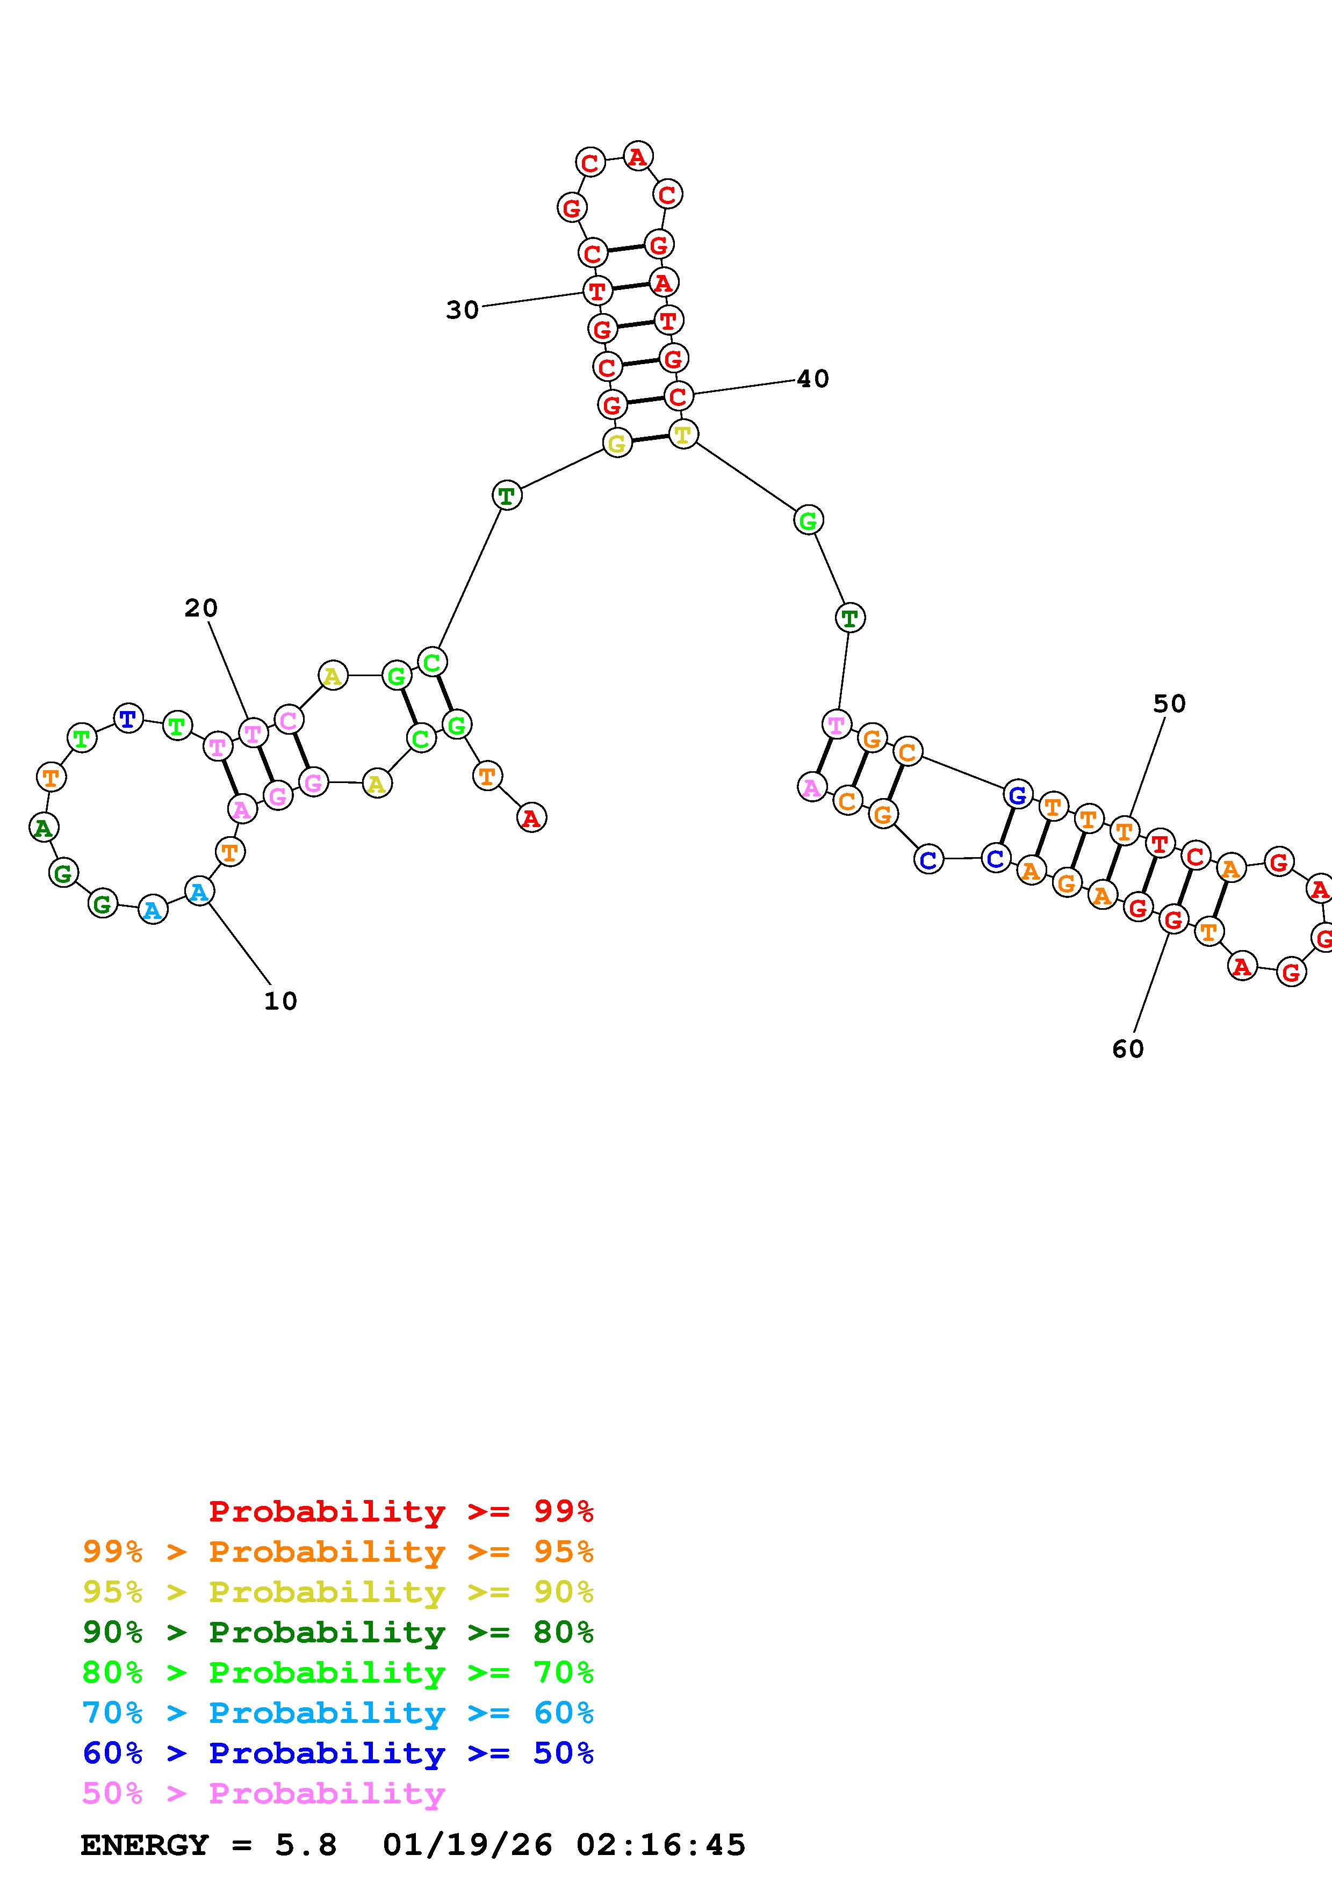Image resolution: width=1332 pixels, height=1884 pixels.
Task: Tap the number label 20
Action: tap(201, 608)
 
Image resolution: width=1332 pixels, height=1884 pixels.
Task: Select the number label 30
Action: tap(462, 310)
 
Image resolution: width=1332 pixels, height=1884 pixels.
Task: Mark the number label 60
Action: tap(1128, 1049)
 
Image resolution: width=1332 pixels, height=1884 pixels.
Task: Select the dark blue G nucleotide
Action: tap(1017, 794)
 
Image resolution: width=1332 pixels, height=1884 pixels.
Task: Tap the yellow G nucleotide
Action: tap(617, 443)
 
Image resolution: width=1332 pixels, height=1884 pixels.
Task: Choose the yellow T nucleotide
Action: tap(683, 433)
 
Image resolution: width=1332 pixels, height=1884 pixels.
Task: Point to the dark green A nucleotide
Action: tap(44, 827)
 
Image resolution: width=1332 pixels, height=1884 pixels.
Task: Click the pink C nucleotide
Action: tap(288, 720)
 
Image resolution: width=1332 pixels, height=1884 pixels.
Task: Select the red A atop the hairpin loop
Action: tap(638, 156)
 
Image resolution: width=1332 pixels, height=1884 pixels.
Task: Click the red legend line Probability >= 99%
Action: tap(400, 1511)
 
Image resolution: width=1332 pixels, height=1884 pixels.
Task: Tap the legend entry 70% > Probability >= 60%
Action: tap(337, 1713)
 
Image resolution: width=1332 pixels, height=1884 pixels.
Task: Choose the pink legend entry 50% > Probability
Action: tap(263, 1794)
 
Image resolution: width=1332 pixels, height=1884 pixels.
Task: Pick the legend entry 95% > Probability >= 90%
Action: tap(337, 1592)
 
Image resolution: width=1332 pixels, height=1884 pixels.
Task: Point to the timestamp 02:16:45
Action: tap(661, 1845)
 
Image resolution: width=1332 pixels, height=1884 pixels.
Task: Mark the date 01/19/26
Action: tap(467, 1845)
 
